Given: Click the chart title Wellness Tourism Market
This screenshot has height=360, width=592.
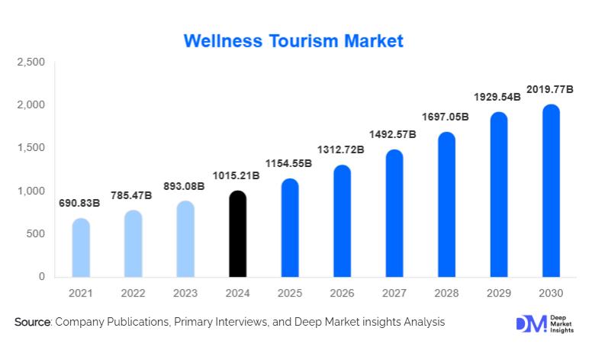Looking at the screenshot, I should pyautogui.click(x=294, y=40).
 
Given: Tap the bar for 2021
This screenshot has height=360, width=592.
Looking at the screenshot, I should pyautogui.click(x=81, y=248).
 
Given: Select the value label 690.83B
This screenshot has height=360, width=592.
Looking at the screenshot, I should pyautogui.click(x=80, y=204).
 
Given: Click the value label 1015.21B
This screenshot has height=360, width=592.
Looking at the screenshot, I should pyautogui.click(x=237, y=176).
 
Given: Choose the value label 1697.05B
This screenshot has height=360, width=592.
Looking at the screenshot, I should pyautogui.click(x=446, y=117).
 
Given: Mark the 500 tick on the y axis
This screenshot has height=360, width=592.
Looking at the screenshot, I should pyautogui.click(x=37, y=234).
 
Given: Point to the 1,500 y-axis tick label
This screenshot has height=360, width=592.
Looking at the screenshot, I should pyautogui.click(x=31, y=148).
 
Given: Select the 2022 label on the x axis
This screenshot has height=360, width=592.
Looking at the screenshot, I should pyautogui.click(x=134, y=293).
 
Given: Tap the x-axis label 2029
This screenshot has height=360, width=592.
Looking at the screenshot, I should pyautogui.click(x=499, y=293).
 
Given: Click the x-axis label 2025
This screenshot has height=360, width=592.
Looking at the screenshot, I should pyautogui.click(x=290, y=293).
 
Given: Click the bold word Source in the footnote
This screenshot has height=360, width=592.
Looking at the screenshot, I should pyautogui.click(x=32, y=323).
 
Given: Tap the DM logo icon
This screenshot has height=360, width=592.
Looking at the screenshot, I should pyautogui.click(x=531, y=323).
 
